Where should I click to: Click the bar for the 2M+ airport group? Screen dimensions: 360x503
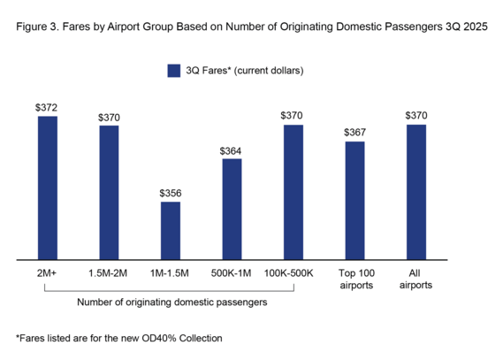tap(47, 188)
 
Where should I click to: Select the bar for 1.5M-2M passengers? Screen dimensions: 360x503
tap(109, 193)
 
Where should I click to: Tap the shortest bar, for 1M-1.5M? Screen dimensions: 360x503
tap(170, 231)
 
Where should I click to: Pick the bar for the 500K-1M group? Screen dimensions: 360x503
tap(232, 210)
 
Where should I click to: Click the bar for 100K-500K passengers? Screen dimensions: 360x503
tap(293, 193)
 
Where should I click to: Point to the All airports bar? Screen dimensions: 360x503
tap(415, 193)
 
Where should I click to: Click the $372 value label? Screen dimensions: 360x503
tap(47, 108)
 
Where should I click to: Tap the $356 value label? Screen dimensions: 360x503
tap(170, 193)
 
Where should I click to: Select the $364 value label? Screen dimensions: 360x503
tap(232, 150)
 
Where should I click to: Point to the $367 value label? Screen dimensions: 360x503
tap(354, 133)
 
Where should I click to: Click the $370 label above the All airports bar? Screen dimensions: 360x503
tap(415, 116)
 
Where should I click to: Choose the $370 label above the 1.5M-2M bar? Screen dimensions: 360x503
tap(109, 117)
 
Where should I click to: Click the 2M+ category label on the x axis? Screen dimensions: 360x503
tap(47, 273)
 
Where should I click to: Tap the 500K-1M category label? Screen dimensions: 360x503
tap(232, 273)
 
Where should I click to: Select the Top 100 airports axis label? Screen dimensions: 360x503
tap(354, 279)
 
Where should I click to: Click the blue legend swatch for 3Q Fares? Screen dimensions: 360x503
tap(173, 70)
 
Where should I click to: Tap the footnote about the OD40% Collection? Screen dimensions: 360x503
tap(119, 338)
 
